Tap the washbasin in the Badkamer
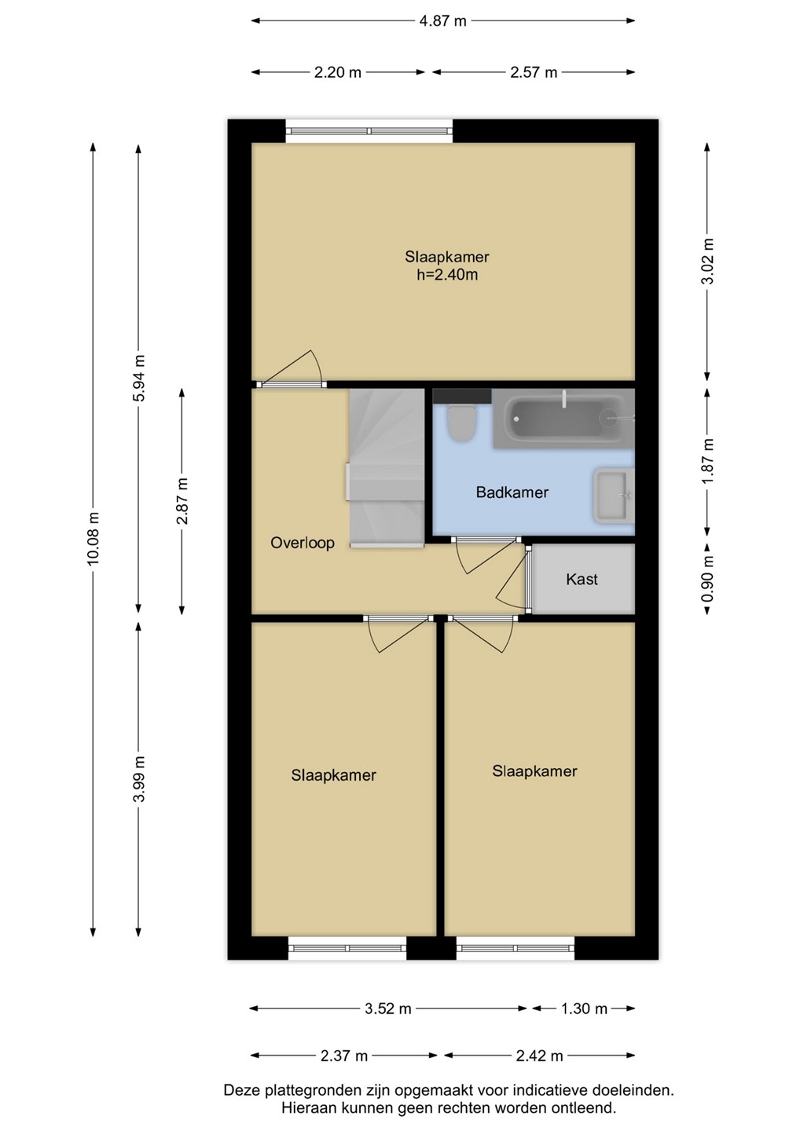coord(614,495)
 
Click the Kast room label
coord(582,579)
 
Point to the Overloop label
coord(302,543)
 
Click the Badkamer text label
coord(512,492)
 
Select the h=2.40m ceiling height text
coord(447,275)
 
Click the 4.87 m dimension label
coord(443,21)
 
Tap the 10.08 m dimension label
coord(93,538)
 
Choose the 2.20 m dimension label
coord(337,73)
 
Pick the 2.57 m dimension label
coord(534,73)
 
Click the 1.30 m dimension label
coord(584,1008)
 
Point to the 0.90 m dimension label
coord(708,579)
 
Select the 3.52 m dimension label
coord(388,1008)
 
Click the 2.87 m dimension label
coord(183,501)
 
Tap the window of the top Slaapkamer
coord(369,131)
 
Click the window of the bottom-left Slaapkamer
coord(347,948)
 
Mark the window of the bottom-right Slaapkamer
coord(516,948)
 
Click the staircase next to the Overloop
coord(386,468)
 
